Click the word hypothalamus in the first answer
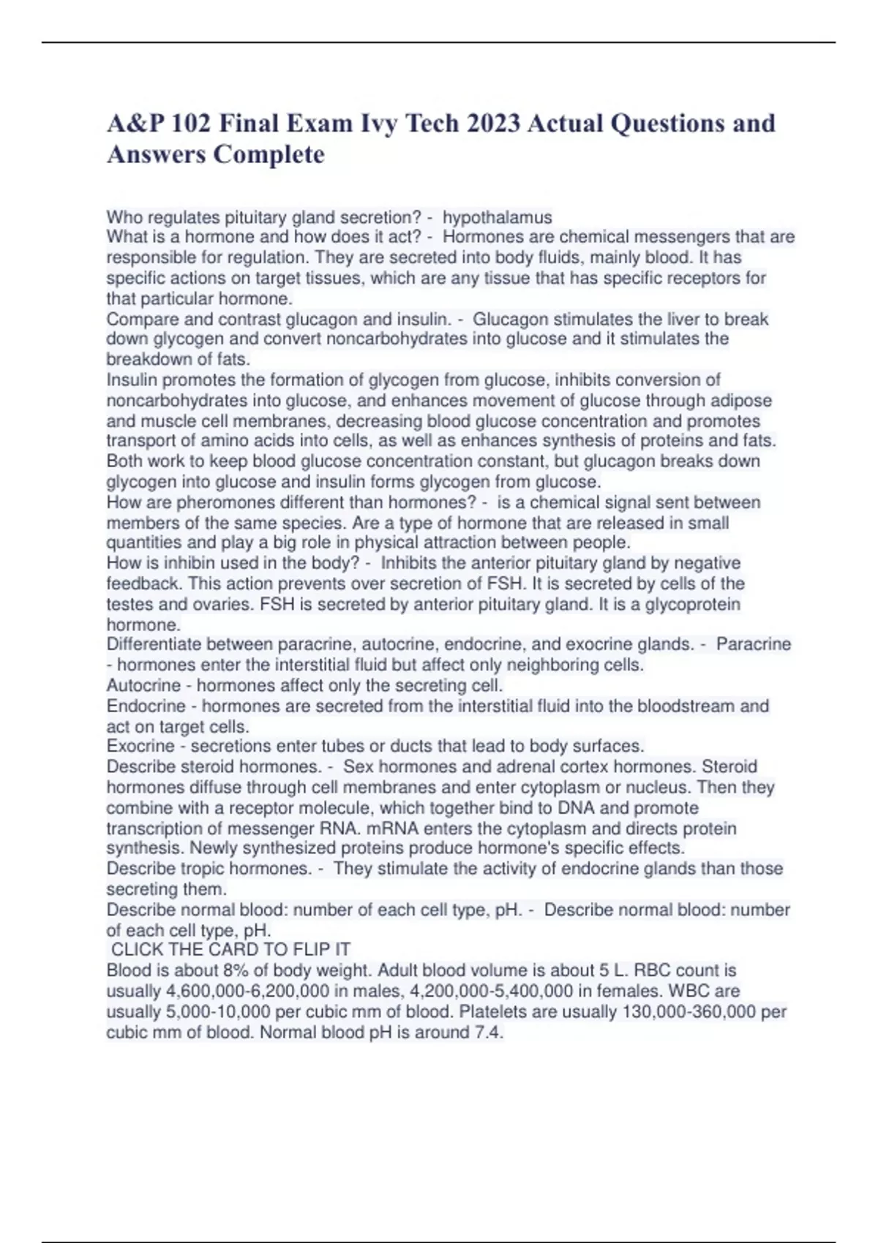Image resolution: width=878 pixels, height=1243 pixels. (x=497, y=217)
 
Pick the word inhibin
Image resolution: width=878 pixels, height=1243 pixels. (x=183, y=563)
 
